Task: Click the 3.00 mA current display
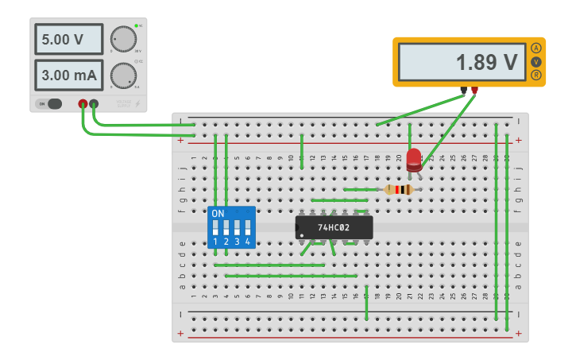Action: (x=68, y=75)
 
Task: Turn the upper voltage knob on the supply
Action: (x=122, y=38)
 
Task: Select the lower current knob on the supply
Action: (x=122, y=75)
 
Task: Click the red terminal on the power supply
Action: (x=83, y=103)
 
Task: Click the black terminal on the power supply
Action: (x=94, y=103)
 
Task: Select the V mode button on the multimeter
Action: (x=536, y=61)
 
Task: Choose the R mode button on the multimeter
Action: (x=536, y=75)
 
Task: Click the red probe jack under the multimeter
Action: (x=474, y=90)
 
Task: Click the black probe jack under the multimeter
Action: (x=463, y=90)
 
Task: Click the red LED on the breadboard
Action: (x=413, y=159)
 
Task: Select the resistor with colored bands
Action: (x=397, y=189)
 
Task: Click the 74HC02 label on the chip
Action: (x=334, y=227)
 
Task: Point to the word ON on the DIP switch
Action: (x=218, y=214)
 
